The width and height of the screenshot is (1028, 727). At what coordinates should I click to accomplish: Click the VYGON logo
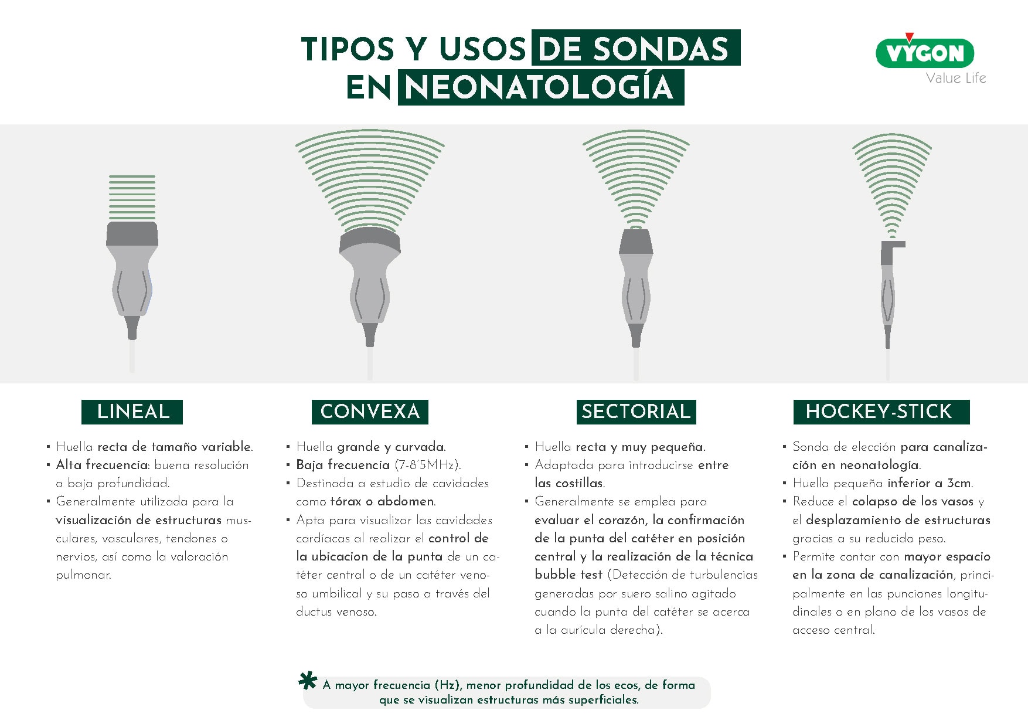click(924, 52)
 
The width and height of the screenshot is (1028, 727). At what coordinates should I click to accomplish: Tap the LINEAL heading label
click(132, 412)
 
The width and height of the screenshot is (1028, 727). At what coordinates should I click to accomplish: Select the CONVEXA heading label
click(370, 412)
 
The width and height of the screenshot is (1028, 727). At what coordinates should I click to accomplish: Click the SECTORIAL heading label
click(636, 412)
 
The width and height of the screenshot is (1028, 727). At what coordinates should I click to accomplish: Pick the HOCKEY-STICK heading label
click(881, 412)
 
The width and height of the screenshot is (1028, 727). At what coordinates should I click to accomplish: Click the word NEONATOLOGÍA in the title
click(540, 87)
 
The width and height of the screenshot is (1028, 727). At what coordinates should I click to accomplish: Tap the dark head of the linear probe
click(132, 233)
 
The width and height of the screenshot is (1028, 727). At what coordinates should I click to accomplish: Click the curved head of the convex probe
click(370, 242)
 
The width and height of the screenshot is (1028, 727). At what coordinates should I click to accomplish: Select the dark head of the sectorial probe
click(636, 242)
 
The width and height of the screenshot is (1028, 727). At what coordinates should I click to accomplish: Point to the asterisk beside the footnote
click(308, 682)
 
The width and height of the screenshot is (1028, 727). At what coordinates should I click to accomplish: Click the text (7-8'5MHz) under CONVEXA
click(428, 465)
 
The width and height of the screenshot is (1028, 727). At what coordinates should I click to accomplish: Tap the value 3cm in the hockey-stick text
click(959, 483)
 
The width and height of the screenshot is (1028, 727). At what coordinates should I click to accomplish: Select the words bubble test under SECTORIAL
click(568, 575)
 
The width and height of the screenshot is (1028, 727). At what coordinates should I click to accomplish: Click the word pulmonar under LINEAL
click(83, 575)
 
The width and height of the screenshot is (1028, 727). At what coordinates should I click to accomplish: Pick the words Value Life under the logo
click(956, 78)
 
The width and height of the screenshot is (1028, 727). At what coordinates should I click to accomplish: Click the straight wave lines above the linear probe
click(132, 197)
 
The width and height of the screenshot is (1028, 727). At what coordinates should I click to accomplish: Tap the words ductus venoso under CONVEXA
click(336, 612)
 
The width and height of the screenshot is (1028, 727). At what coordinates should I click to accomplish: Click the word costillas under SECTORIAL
click(580, 483)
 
